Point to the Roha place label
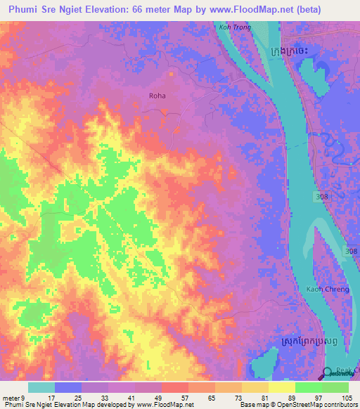[x=157, y=95]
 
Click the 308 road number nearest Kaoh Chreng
[x=351, y=251]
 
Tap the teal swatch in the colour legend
[x=41, y=387]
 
